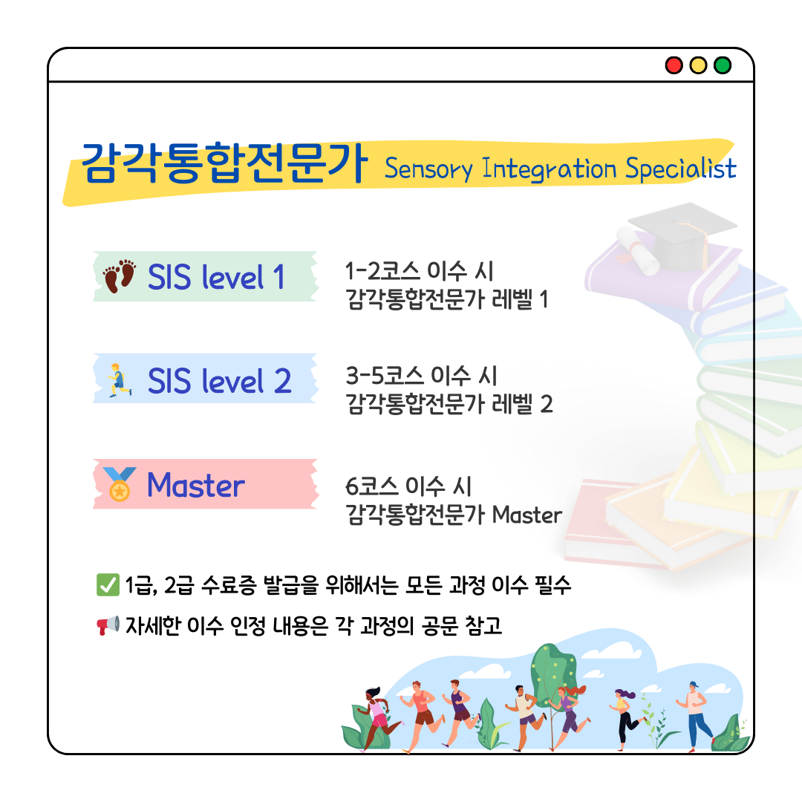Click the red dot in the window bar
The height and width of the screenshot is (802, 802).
coord(674,65)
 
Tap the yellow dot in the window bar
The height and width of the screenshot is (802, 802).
coord(698,65)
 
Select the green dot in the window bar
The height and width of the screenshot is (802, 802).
coord(723,65)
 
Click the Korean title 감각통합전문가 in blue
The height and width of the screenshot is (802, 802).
coord(224,163)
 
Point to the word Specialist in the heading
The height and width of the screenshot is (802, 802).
coord(681,169)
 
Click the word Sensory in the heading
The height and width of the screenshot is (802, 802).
coord(428,169)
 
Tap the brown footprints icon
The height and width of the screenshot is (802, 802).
coord(119,276)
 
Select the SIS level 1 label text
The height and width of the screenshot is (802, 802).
coord(216,277)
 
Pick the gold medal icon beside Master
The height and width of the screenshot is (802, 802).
coord(119,484)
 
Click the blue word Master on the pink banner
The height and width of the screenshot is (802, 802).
coord(196,485)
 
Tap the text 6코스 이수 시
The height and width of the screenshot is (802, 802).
coord(408,486)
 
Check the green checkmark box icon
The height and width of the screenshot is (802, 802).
coord(108,585)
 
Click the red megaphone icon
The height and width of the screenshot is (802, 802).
coord(108,625)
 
